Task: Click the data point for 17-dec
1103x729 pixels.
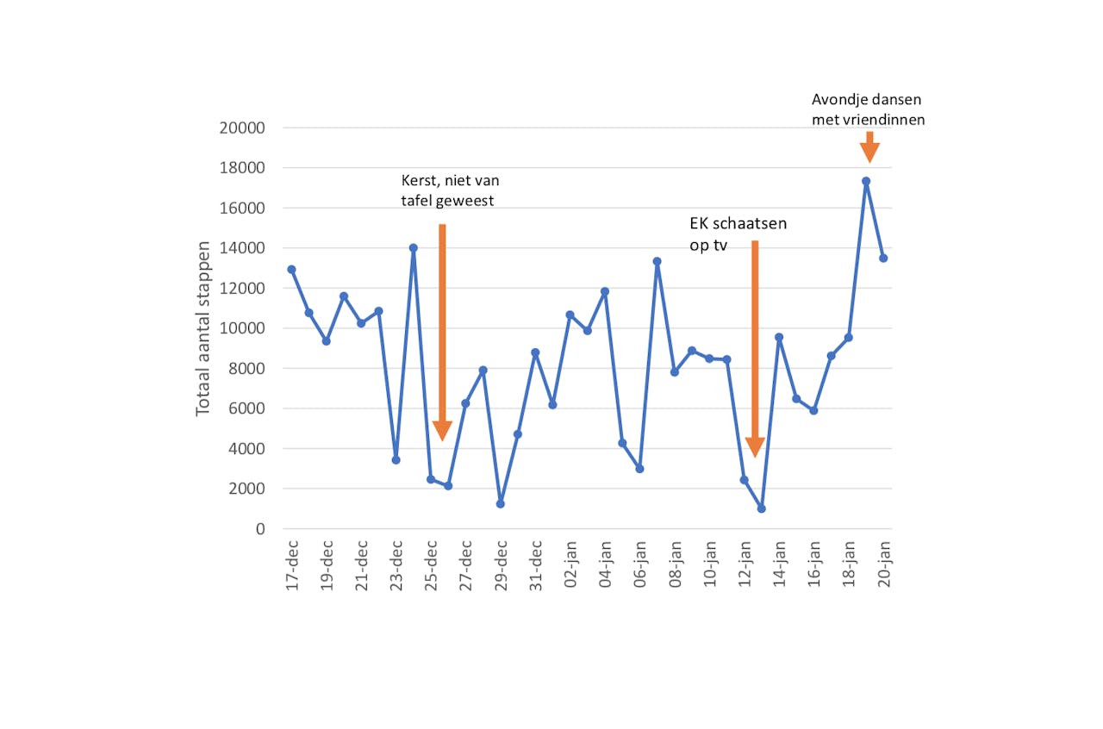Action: click(291, 270)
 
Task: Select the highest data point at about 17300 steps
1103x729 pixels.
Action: click(866, 181)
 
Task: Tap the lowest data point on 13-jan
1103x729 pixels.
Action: click(762, 508)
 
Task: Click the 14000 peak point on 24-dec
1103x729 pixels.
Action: click(414, 248)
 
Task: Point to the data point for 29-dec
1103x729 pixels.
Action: click(500, 503)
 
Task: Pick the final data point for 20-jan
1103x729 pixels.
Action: click(883, 258)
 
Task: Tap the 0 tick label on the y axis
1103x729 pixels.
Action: click(259, 529)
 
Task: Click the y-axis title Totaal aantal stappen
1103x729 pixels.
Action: click(203, 328)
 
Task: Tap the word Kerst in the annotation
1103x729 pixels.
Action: click(420, 181)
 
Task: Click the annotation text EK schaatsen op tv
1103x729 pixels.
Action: click(738, 233)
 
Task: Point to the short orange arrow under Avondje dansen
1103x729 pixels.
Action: click(869, 148)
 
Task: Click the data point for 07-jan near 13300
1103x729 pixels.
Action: click(657, 261)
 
